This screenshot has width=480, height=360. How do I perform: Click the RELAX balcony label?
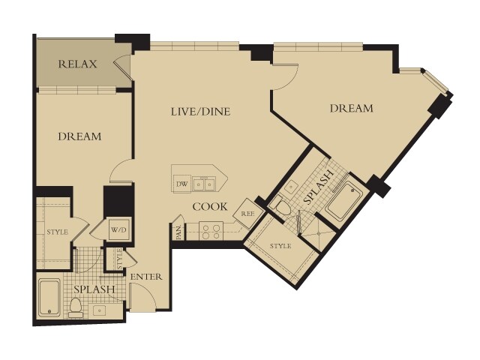point(77,64)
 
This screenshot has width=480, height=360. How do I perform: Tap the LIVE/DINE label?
point(200,112)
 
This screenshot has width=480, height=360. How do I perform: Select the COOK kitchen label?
point(210,207)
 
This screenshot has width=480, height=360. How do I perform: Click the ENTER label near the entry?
point(146,277)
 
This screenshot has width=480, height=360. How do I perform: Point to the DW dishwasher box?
point(181,184)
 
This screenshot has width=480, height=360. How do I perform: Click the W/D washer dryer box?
point(120,229)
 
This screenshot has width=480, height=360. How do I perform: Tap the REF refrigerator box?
point(248,214)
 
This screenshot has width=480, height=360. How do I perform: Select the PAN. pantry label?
point(179,232)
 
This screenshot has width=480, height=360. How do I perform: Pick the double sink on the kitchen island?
point(203,184)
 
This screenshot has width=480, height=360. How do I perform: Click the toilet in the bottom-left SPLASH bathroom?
point(76,307)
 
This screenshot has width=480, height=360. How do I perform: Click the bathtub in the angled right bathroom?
point(344,201)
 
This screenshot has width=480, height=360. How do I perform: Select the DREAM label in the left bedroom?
point(79,136)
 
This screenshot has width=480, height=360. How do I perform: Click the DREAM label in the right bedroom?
point(352,108)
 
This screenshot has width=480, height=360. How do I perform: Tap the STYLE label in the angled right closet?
point(280,246)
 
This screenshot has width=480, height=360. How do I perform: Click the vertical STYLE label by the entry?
point(119,259)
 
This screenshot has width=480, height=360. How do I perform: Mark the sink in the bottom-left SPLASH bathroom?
point(100,310)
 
